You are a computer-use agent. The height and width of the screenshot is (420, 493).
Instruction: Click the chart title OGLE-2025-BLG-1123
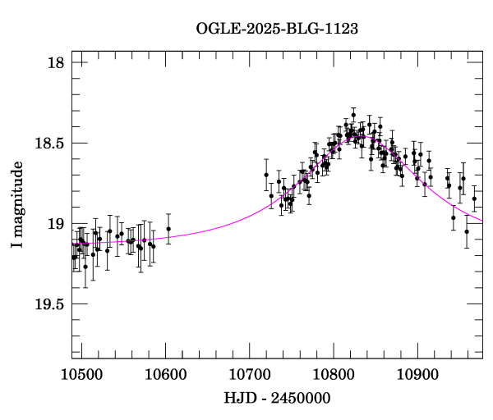coord(277,29)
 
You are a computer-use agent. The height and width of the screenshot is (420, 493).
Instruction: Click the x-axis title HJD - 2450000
coord(276,397)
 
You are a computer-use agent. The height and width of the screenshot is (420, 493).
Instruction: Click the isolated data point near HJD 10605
coord(168,229)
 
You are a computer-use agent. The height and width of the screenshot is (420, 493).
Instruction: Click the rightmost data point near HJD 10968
coord(474,199)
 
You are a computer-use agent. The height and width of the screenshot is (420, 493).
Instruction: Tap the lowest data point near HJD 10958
coord(466,231)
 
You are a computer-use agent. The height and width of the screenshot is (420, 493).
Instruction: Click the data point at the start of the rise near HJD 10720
coord(266,174)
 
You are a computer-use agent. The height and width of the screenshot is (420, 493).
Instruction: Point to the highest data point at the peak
coord(353,115)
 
